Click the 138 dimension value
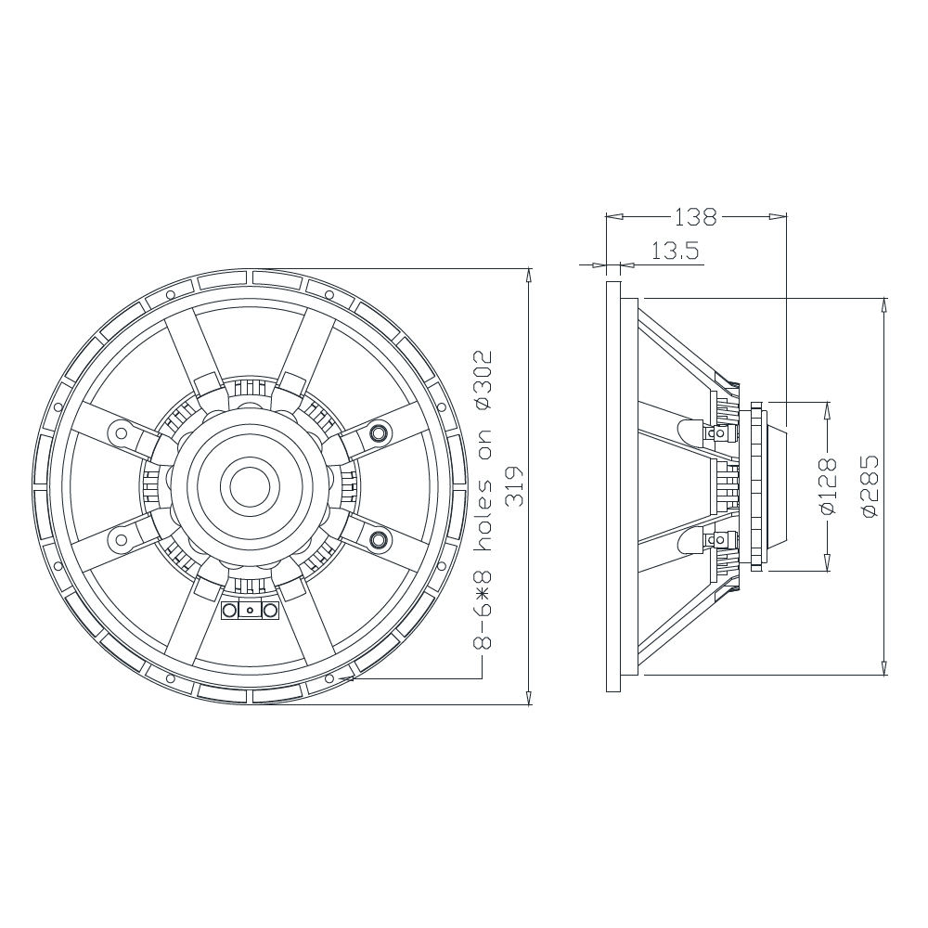click(x=695, y=217)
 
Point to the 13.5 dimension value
click(x=676, y=251)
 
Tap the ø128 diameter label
click(x=829, y=485)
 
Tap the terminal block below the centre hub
click(x=250, y=611)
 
